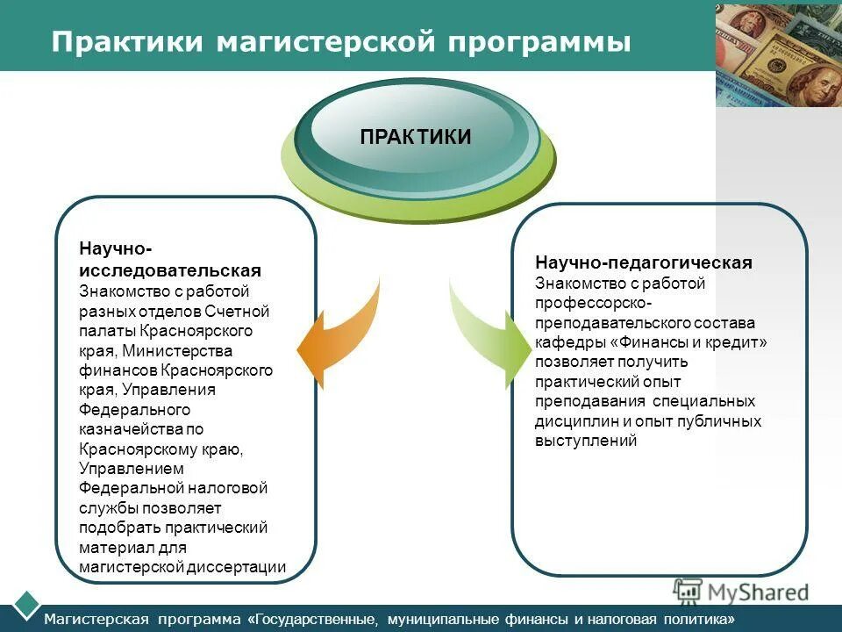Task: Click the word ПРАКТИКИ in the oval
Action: [x=416, y=137]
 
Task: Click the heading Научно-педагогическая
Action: [x=644, y=263]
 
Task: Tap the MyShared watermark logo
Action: [x=741, y=592]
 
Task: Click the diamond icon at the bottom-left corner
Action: [x=27, y=603]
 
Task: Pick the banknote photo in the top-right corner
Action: [x=779, y=54]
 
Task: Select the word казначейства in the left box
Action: [x=131, y=429]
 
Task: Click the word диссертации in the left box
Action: [x=236, y=567]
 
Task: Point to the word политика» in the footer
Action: [x=701, y=619]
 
